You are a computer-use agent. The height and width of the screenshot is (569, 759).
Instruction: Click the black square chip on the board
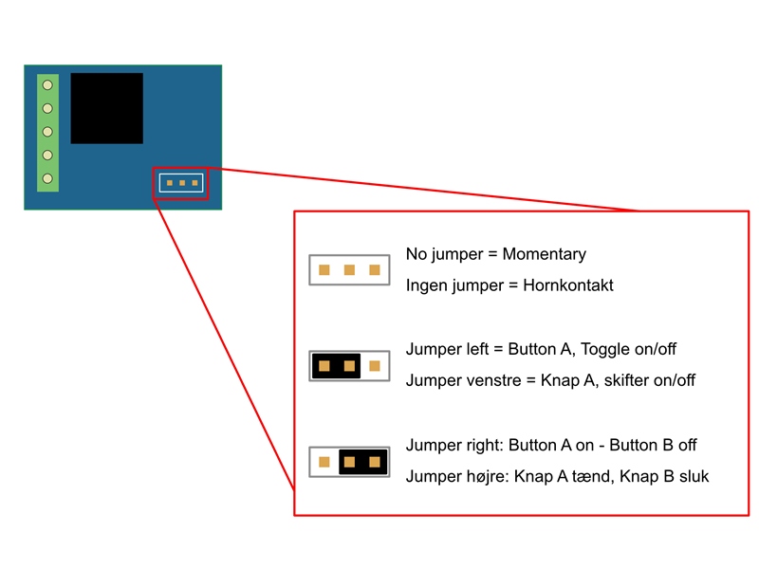(106, 108)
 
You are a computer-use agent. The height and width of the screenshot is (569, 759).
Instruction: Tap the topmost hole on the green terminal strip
(47, 85)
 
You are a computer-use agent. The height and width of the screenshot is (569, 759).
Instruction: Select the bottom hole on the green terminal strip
(47, 178)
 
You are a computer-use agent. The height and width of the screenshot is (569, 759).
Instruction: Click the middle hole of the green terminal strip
(47, 132)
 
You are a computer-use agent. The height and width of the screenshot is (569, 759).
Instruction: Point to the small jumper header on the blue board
(181, 183)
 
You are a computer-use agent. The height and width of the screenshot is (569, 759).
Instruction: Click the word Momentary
(544, 254)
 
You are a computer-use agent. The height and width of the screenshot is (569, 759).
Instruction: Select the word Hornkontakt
(568, 285)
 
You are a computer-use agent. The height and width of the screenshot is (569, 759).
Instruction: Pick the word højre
(488, 477)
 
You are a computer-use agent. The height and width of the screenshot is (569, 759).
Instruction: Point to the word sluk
(694, 477)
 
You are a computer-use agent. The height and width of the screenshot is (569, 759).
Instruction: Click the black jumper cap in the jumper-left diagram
(337, 366)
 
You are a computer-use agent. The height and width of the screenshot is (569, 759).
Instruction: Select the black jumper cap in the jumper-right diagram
(363, 462)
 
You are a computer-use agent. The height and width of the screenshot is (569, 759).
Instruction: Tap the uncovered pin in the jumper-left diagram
(375, 366)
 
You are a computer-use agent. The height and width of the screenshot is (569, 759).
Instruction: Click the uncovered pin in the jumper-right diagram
(324, 462)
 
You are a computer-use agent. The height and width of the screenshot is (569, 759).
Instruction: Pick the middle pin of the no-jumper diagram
(349, 270)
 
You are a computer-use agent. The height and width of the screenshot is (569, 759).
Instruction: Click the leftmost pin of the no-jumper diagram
(324, 270)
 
